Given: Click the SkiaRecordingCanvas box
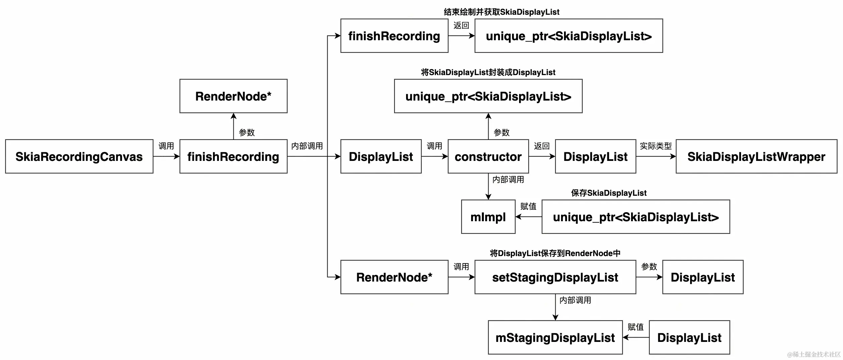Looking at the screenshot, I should tap(79, 156).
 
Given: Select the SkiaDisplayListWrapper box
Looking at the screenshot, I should tap(756, 156).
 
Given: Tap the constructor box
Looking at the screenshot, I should tap(488, 156).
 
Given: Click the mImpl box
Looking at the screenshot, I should tap(488, 217).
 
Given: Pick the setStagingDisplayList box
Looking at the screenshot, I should tap(555, 277).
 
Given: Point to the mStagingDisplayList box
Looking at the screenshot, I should tap(555, 337).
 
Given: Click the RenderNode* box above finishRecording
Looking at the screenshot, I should tap(233, 96).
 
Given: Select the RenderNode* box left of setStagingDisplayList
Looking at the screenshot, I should tap(394, 277).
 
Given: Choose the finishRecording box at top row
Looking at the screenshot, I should tap(394, 36).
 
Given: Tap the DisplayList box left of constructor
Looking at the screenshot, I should tap(381, 156).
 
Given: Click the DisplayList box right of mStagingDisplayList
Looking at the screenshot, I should tap(689, 337).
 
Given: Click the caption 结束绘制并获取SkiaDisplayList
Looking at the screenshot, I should tap(501, 12).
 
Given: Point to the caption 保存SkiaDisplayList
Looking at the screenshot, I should tap(609, 193).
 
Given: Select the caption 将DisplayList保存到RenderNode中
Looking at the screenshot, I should tap(555, 253).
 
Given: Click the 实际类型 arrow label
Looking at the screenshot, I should tap(656, 146).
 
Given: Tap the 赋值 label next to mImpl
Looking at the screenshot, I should tap(528, 206).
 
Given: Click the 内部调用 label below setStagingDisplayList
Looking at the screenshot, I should tap(575, 300).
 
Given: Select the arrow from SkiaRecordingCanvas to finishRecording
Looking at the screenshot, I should tap(166, 156).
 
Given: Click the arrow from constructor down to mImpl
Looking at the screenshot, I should tap(488, 186).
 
